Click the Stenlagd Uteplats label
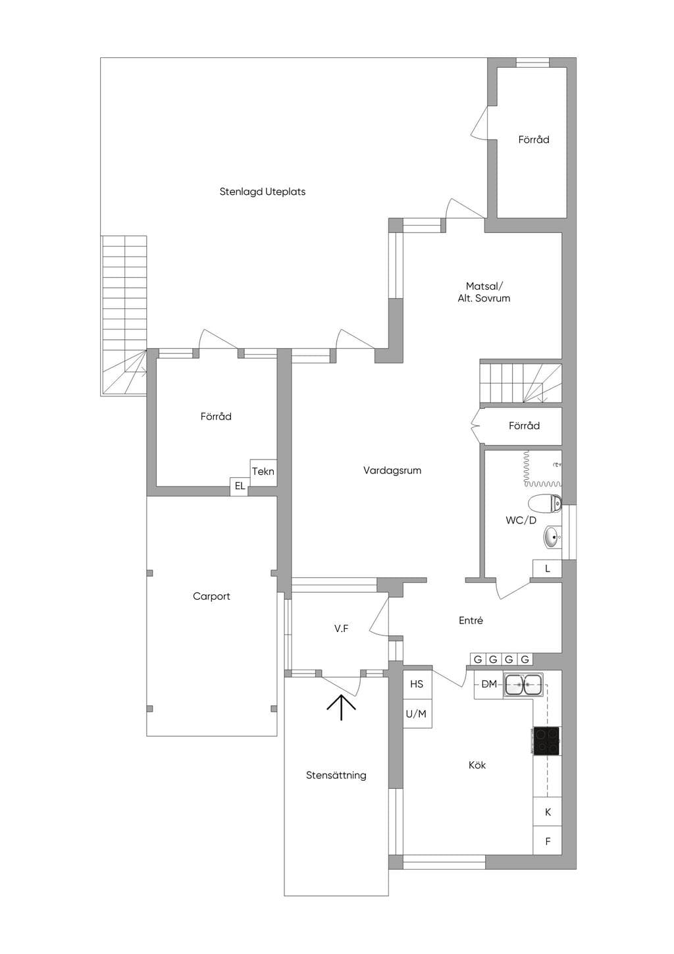pyautogui.click(x=262, y=192)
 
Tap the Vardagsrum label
pyautogui.click(x=392, y=470)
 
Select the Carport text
pyautogui.click(x=211, y=596)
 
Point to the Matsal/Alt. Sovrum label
pyautogui.click(x=484, y=292)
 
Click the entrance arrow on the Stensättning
pyautogui.click(x=341, y=707)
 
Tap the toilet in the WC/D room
pyautogui.click(x=545, y=502)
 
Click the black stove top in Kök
pyautogui.click(x=546, y=741)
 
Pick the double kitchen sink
pyautogui.click(x=523, y=685)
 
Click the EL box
pyautogui.click(x=240, y=486)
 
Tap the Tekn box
pyautogui.click(x=263, y=472)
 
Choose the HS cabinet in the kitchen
pyautogui.click(x=417, y=684)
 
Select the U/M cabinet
pyautogui.click(x=417, y=714)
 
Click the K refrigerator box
pyautogui.click(x=548, y=812)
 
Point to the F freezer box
pyautogui.click(x=548, y=841)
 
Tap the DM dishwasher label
pyautogui.click(x=489, y=684)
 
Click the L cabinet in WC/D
pyautogui.click(x=548, y=568)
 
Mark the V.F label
pyautogui.click(x=341, y=629)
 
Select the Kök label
pyautogui.click(x=477, y=765)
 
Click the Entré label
pyautogui.click(x=471, y=620)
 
